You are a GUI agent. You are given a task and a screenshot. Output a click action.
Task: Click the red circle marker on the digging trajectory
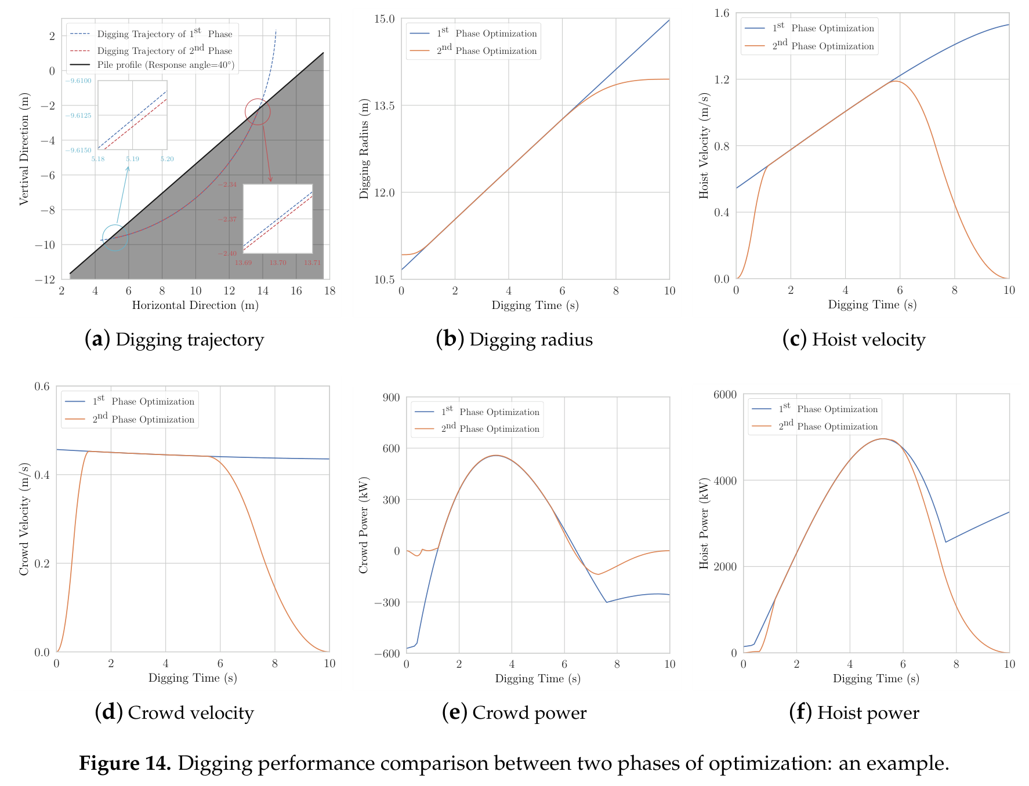pyautogui.click(x=246, y=112)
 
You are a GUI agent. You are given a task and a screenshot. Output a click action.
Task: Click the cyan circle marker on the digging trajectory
pyautogui.click(x=103, y=238)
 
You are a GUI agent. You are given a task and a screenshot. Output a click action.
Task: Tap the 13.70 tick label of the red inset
pyautogui.click(x=278, y=263)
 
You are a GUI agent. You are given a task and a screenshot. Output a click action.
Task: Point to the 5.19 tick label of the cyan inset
pyautogui.click(x=132, y=159)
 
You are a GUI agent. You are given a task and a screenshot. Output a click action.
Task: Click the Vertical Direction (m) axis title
pyautogui.click(x=24, y=149)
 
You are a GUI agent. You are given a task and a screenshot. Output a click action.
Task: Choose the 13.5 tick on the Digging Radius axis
pyautogui.click(x=383, y=105)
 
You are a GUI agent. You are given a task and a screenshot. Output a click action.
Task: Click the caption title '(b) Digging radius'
pyautogui.click(x=514, y=339)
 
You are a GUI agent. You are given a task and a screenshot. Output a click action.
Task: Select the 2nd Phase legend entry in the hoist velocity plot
pyautogui.click(x=809, y=46)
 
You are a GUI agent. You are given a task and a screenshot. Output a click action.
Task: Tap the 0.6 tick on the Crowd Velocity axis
pyautogui.click(x=42, y=386)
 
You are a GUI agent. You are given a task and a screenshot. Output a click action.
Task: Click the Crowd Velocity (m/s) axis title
pyautogui.click(x=24, y=519)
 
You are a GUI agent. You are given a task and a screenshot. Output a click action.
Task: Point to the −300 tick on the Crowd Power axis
pyautogui.click(x=386, y=602)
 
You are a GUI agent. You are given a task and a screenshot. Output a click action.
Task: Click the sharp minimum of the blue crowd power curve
pyautogui.click(x=607, y=602)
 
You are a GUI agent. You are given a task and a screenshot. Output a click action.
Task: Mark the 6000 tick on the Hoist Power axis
pyautogui.click(x=725, y=394)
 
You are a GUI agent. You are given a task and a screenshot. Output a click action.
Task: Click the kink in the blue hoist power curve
pyautogui.click(x=945, y=542)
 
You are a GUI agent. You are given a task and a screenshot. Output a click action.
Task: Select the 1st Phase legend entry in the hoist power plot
pyautogui.click(x=815, y=409)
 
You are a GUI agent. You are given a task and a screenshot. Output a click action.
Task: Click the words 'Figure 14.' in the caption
pyautogui.click(x=125, y=763)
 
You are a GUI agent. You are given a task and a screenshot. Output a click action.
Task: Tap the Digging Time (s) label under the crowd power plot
pyautogui.click(x=538, y=678)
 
